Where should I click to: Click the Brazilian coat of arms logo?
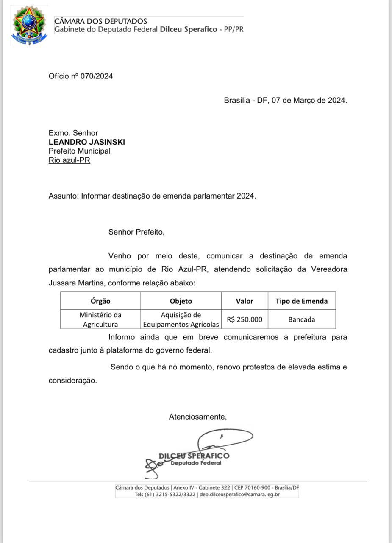click(x=29, y=25)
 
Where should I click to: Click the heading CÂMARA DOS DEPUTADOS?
click(x=100, y=21)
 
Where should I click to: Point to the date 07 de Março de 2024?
click(x=309, y=101)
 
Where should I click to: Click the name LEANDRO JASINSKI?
click(x=86, y=142)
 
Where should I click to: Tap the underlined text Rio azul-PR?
click(x=69, y=160)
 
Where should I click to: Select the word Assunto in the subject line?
click(x=63, y=196)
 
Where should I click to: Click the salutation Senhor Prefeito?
click(x=136, y=232)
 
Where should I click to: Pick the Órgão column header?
click(x=100, y=301)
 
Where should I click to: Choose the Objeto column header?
click(x=181, y=301)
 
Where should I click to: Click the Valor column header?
click(x=245, y=301)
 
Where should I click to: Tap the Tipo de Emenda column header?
click(x=301, y=301)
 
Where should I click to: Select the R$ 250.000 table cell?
click(x=245, y=319)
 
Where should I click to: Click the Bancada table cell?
click(x=301, y=319)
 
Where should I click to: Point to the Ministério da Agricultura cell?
click(x=100, y=319)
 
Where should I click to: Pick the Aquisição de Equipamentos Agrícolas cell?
click(x=181, y=319)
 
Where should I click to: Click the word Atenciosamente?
click(x=197, y=417)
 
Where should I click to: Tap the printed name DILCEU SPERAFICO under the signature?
click(x=194, y=456)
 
